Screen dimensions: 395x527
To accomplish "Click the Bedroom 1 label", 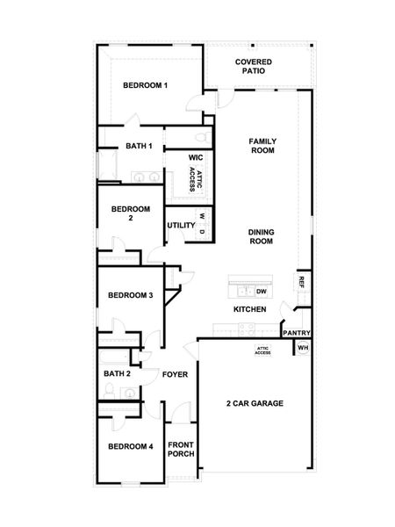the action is pos(145,85).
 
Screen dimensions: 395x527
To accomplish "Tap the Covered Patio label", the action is pos(254,66).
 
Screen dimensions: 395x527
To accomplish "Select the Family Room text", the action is pos(262,146).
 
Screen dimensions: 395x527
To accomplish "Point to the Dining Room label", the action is pos(262,236).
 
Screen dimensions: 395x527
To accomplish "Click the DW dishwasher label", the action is pos(262,292).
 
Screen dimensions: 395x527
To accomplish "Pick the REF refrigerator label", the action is pos(301,282).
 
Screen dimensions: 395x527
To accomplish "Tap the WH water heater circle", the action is pos(303,348).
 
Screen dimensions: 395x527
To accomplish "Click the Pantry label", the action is pos(297,333).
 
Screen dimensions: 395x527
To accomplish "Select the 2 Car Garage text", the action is pos(255,403).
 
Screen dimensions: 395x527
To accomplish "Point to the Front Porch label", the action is pos(181,450).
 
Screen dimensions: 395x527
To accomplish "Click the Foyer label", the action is pos(175,374).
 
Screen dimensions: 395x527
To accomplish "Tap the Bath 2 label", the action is pos(117,374).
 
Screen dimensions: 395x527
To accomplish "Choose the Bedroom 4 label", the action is pos(131,446).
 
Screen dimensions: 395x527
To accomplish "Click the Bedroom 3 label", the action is pos(131,295).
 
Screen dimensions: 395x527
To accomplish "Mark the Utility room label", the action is pos(181,225).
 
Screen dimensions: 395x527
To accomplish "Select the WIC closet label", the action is pos(196,157).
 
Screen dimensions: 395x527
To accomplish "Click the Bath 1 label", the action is pos(139,146).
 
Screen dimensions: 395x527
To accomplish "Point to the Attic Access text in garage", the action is pos(262,350).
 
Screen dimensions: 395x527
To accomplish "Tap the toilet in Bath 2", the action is pos(109,391).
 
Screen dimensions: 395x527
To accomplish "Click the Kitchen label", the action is pos(250,309).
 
